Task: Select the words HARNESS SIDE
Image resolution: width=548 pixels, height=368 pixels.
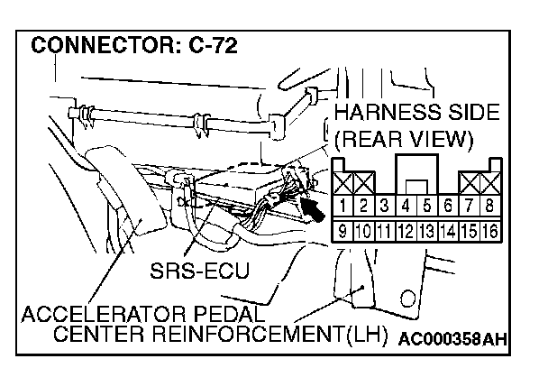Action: click(x=415, y=114)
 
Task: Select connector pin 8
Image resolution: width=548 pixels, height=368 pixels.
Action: click(x=491, y=206)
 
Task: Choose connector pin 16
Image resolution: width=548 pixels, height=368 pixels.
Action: click(x=491, y=228)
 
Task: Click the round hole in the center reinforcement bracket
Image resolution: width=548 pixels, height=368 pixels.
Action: click(x=407, y=298)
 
